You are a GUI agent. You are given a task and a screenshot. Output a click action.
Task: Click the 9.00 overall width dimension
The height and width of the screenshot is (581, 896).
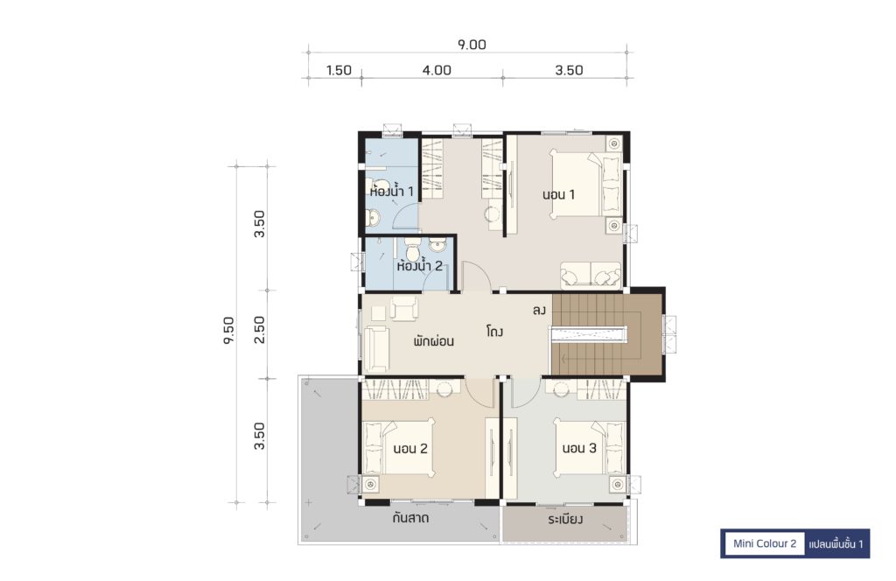472,45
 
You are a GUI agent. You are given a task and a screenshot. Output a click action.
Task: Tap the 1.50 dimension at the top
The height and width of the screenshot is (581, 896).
339,70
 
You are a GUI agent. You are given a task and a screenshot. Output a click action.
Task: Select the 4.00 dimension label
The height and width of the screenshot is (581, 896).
437,70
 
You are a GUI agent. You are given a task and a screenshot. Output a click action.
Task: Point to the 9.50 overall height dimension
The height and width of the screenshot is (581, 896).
228,330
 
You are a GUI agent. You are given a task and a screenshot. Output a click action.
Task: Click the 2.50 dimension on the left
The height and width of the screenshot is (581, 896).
259,330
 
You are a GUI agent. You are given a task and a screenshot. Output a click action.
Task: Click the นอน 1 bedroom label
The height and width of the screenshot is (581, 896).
558,194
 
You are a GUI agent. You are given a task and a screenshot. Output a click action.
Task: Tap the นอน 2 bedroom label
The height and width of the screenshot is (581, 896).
410,449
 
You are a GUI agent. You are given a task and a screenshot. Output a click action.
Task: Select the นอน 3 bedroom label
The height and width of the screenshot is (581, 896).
579,448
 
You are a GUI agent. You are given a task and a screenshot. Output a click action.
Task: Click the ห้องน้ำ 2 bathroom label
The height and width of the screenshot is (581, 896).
419,266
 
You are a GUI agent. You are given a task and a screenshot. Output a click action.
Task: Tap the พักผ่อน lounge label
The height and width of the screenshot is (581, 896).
434,341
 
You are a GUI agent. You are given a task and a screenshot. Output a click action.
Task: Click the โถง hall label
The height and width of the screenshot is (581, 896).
495,332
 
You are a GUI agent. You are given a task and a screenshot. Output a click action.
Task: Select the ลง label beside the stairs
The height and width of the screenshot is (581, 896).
539,311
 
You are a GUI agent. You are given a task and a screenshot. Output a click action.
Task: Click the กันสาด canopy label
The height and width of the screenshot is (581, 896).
410,519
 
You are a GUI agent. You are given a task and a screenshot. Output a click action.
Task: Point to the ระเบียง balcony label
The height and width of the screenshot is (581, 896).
564,519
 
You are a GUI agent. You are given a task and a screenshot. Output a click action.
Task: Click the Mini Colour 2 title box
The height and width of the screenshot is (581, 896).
765,543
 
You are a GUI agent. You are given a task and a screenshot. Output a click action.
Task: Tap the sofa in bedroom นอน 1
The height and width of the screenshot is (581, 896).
591,275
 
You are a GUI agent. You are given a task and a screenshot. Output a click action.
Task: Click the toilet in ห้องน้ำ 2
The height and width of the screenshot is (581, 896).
413,249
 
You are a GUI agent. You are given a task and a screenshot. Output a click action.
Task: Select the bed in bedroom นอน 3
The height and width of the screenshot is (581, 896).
589,447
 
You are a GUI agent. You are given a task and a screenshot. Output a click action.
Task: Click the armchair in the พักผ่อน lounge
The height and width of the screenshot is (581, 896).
404,309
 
